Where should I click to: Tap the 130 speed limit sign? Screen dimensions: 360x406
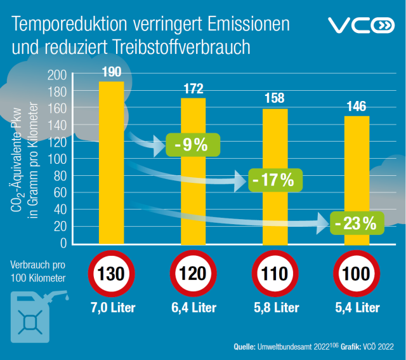point(112,274)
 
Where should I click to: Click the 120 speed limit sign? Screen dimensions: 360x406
point(193,274)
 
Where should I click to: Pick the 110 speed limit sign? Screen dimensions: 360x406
point(275,274)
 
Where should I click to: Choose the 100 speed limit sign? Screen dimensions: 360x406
point(357,274)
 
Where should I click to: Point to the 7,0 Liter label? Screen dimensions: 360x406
point(112,308)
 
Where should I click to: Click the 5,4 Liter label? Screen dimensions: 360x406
point(357,308)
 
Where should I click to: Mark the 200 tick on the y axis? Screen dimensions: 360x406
point(58,75)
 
